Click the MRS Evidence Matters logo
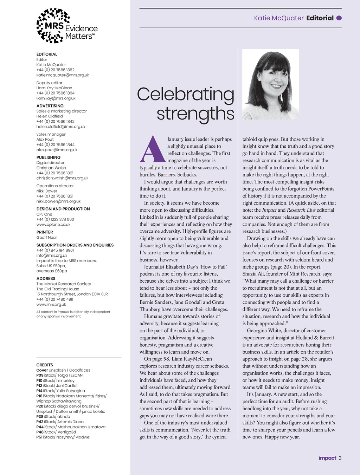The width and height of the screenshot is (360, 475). (x=67, y=26)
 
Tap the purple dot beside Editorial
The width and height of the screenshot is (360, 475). (x=339, y=18)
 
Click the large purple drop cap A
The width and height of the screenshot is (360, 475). (x=152, y=149)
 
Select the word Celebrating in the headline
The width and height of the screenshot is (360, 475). (x=185, y=94)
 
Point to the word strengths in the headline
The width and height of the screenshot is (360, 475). (x=195, y=114)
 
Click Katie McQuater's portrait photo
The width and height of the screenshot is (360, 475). (x=270, y=84)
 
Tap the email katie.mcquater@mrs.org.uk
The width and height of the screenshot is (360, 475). (x=63, y=75)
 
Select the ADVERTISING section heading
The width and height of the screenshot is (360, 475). (x=50, y=106)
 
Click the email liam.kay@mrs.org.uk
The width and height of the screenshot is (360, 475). (x=56, y=98)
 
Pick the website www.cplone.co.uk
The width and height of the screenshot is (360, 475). (x=53, y=224)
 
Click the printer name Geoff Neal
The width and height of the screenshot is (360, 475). (x=46, y=237)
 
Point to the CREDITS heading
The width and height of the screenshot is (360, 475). (x=45, y=365)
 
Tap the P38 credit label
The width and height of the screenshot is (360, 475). (x=40, y=417)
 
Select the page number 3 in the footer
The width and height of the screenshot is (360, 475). (x=340, y=458)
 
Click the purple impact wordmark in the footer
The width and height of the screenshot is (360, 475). (x=327, y=458)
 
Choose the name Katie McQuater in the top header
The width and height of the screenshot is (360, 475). (x=279, y=18)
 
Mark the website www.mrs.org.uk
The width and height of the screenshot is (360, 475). (x=51, y=304)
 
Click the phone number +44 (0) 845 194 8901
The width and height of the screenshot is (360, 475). (x=55, y=250)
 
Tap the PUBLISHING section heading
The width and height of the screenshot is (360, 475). (x=49, y=158)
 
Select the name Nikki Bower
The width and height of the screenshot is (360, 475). (x=47, y=191)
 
